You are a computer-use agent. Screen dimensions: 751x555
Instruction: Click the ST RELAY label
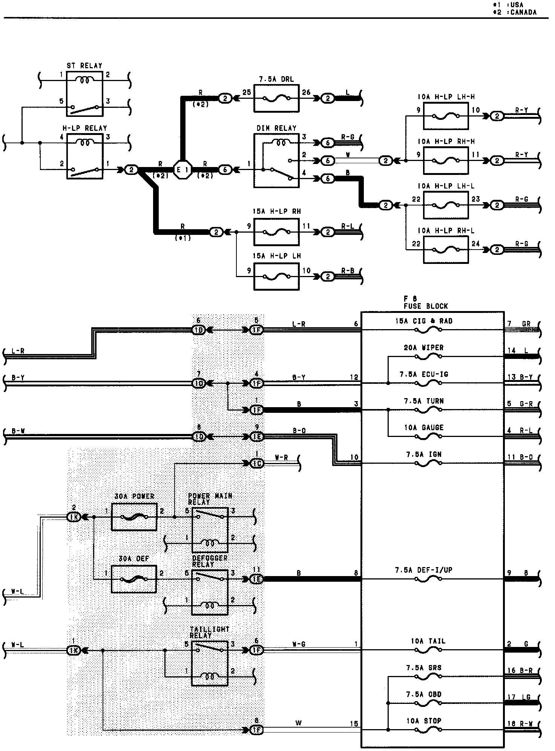pos(84,66)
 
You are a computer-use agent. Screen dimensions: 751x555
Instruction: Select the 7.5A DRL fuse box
pos(276,98)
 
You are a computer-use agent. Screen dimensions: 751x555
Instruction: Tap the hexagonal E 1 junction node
pos(182,170)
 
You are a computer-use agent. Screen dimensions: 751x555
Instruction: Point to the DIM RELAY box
pos(276,161)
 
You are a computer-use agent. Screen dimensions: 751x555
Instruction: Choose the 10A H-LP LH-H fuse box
pos(446,116)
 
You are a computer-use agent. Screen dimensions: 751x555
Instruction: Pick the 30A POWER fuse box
pos(134,517)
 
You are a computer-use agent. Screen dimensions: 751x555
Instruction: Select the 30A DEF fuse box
pos(134,579)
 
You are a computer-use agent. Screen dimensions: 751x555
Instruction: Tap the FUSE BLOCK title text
pos(426,306)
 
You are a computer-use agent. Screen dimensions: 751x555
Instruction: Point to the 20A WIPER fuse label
pos(423,348)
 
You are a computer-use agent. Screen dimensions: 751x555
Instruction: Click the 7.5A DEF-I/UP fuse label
pos(423,570)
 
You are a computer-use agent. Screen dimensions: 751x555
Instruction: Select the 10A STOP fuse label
pos(423,721)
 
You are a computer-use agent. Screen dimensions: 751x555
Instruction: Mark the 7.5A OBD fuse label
pos(423,694)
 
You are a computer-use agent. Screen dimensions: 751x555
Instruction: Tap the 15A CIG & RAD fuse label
pos(423,321)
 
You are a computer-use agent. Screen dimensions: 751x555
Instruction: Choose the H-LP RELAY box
pos(85,156)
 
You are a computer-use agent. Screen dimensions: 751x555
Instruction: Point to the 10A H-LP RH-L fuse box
pos(446,250)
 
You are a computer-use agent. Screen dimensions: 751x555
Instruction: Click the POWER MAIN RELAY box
pos(210,530)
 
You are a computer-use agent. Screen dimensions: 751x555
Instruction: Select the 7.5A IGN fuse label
pos(423,454)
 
